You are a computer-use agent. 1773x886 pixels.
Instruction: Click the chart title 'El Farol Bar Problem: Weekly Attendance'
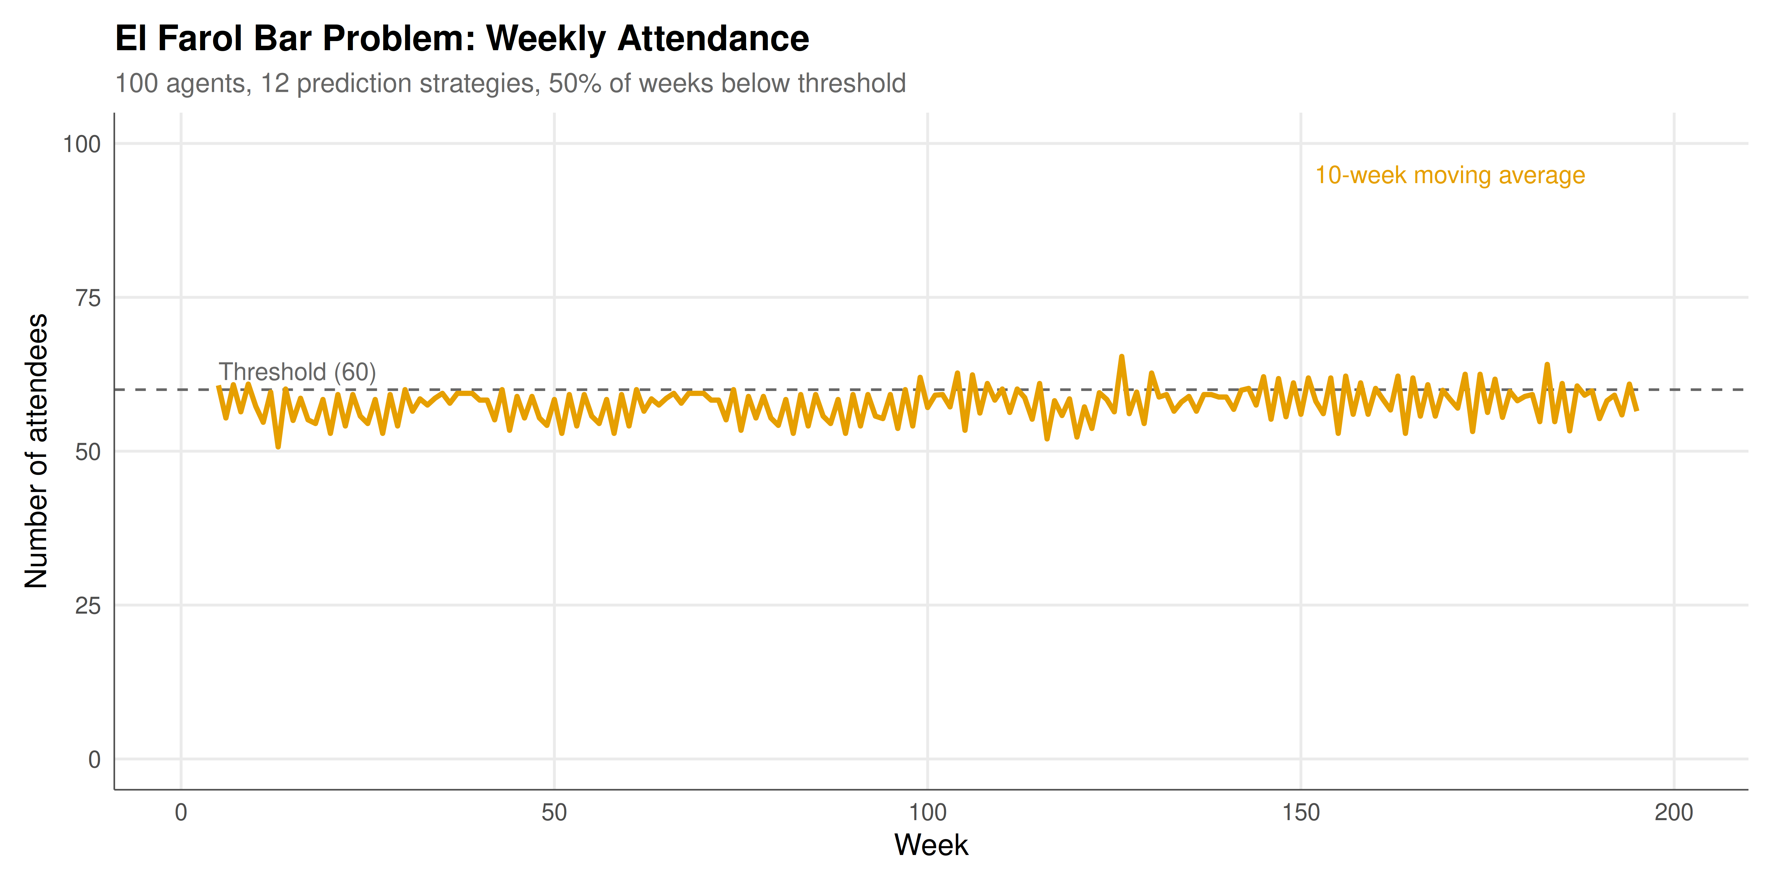tap(462, 38)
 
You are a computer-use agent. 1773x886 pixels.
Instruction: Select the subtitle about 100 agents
tap(510, 83)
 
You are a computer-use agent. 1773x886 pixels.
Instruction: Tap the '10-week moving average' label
tap(1449, 175)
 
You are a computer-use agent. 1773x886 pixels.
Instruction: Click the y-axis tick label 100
tap(82, 144)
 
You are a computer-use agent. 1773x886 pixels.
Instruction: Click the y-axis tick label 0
tap(94, 760)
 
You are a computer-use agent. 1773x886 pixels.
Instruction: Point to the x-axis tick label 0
tap(181, 812)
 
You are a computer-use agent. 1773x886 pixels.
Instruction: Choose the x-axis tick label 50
tap(554, 812)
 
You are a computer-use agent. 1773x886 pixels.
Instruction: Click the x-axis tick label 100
tap(927, 812)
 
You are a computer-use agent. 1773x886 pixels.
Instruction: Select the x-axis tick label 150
tap(1301, 812)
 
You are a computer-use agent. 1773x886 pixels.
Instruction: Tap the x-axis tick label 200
tap(1674, 812)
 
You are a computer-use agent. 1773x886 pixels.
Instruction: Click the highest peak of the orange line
tap(1122, 356)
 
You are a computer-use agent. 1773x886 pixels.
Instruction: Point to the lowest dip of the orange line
tap(278, 447)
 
